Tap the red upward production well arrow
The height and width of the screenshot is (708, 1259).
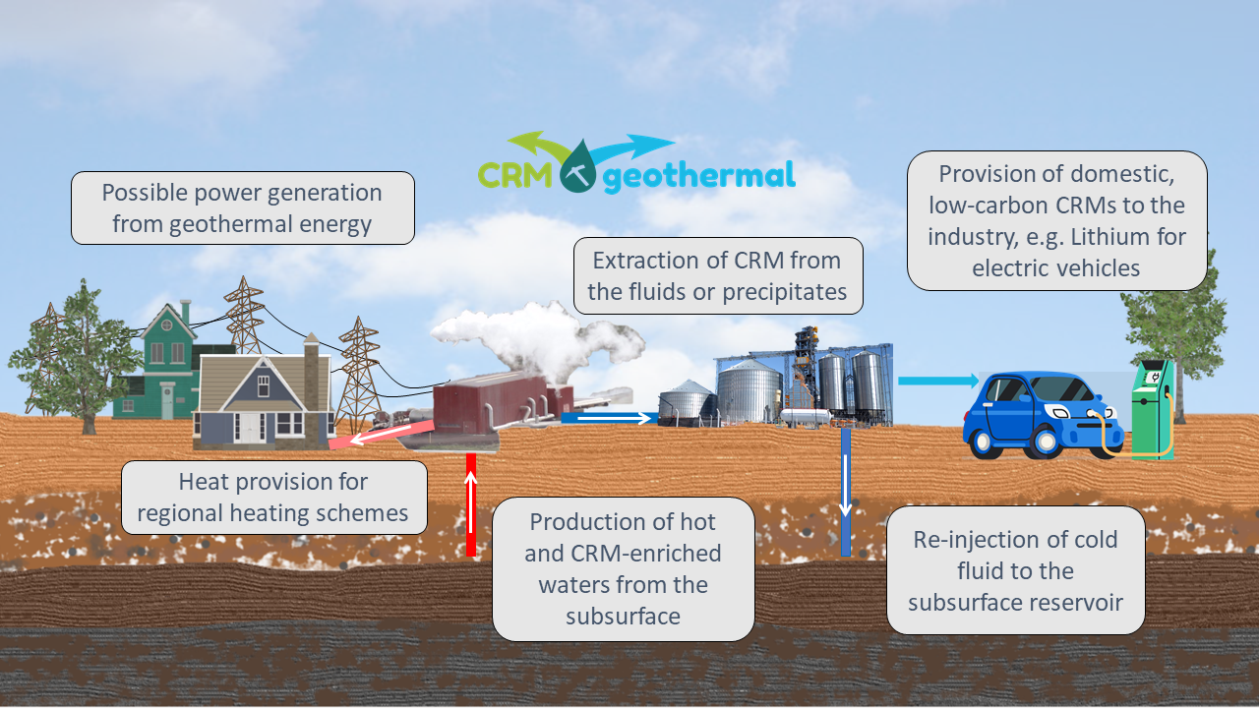point(471,504)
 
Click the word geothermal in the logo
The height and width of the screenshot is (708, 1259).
point(697,177)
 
